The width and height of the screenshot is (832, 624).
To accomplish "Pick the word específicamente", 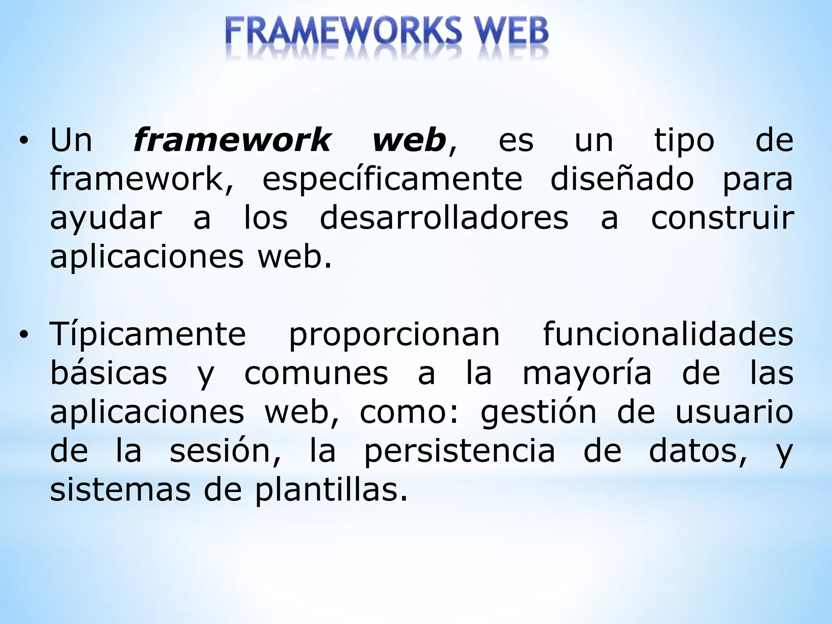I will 392,180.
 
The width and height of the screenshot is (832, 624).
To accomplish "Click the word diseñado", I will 622,180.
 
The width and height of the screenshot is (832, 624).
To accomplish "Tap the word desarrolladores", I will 444,219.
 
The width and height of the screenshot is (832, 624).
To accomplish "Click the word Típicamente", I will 148,335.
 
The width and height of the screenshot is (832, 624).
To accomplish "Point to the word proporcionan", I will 394,335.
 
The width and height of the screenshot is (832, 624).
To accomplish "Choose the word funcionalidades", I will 668,334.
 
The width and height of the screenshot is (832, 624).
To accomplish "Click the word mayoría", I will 587,374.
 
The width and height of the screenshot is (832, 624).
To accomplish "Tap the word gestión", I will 538,413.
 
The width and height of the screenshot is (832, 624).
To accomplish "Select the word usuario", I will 734,412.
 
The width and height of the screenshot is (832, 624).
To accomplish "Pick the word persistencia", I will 459,451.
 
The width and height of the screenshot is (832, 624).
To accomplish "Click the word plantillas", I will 331,490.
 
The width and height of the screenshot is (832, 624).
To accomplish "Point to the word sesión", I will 225,451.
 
